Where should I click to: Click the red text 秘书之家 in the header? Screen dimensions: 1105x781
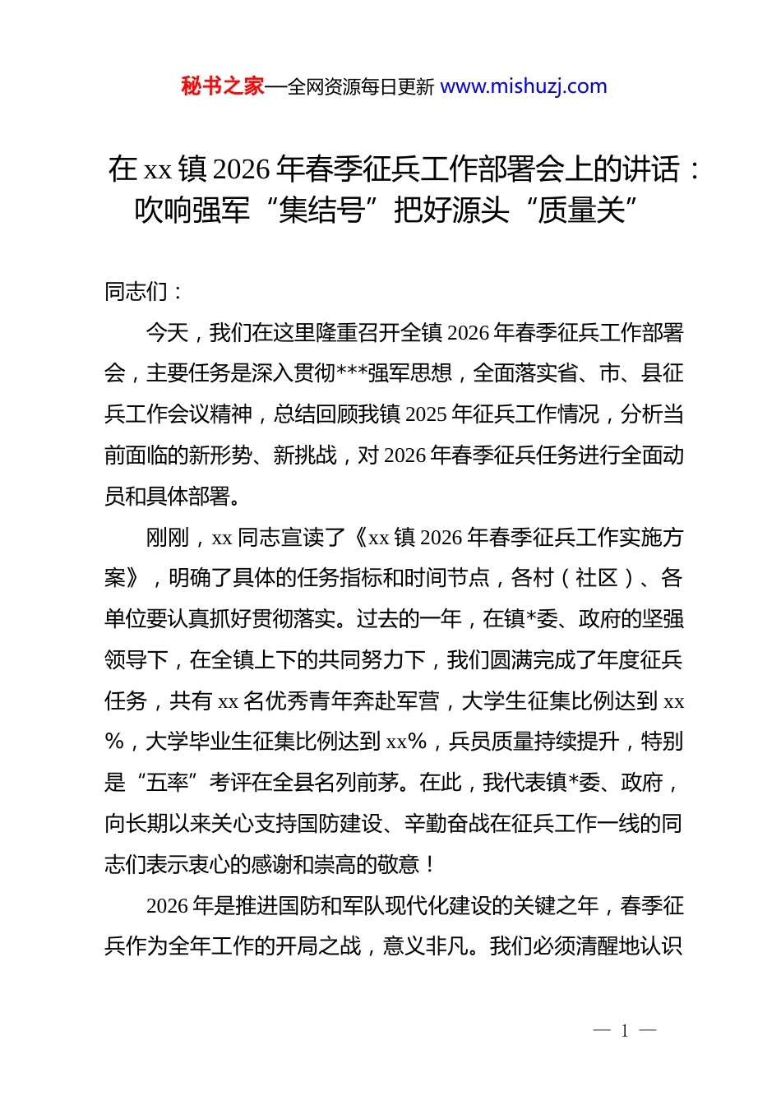(x=222, y=86)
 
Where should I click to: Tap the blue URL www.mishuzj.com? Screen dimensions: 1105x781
(x=524, y=86)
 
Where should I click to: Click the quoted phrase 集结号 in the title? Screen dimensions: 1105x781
(x=321, y=210)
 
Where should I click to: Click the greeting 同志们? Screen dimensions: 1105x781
(x=136, y=292)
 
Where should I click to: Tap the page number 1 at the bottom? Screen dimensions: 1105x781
(x=625, y=1031)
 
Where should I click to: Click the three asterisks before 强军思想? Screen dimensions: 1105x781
(x=351, y=373)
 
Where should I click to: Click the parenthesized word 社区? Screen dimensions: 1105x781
(x=598, y=578)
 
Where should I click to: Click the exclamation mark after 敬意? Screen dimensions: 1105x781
(x=430, y=865)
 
